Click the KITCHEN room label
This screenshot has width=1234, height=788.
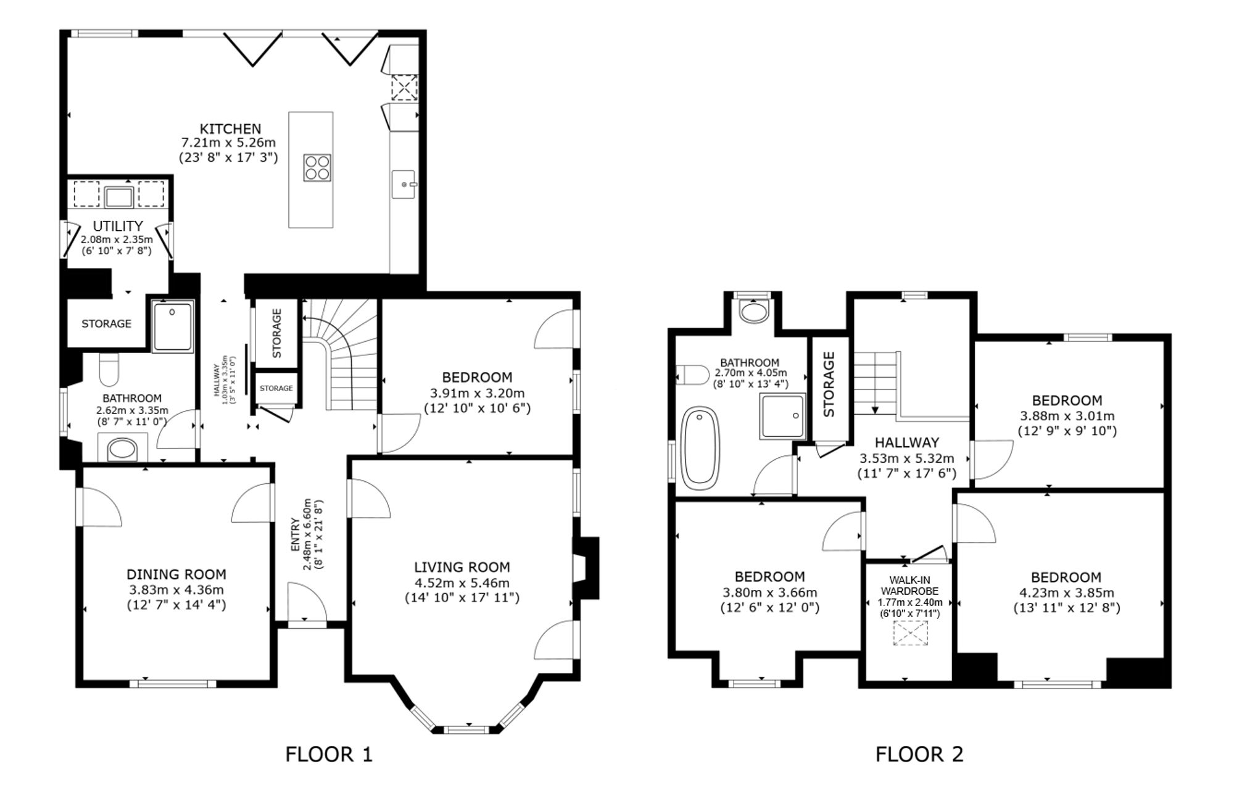[230, 129]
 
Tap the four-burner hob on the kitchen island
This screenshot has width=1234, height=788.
[317, 167]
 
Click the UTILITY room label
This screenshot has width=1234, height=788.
[118, 226]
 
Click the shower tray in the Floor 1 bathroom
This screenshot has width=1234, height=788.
[173, 326]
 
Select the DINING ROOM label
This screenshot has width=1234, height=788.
[176, 574]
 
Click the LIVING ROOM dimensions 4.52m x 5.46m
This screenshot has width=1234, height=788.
[462, 583]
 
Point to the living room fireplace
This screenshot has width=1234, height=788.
[586, 568]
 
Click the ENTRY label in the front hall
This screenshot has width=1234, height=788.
[295, 535]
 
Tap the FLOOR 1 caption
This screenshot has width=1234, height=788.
[329, 754]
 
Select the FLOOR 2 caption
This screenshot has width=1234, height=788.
[919, 754]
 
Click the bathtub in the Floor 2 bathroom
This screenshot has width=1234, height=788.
[700, 445]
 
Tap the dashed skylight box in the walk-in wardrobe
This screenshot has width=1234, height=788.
[911, 634]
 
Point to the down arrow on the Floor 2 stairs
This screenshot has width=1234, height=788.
[874, 410]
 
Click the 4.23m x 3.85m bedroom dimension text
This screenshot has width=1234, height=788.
[1066, 593]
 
